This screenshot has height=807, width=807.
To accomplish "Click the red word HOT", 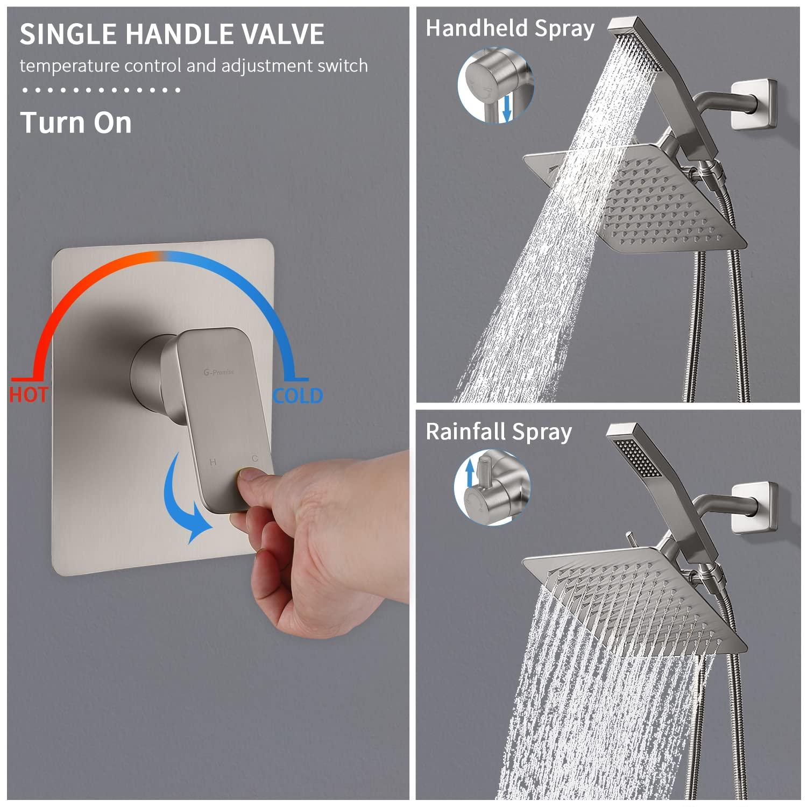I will tap(29, 395).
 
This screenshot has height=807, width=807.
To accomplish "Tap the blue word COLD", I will tap(298, 396).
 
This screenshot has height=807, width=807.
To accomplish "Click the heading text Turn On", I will tap(76, 123).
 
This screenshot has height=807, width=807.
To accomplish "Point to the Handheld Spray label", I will tap(509, 28).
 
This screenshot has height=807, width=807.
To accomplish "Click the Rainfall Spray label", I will tap(498, 431).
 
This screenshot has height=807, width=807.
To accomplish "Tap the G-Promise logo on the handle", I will tap(218, 372).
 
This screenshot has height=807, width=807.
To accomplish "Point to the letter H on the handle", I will tap(213, 462).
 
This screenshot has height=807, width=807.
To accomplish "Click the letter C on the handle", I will tap(254, 458).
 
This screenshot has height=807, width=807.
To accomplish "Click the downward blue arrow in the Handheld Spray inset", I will tap(506, 109).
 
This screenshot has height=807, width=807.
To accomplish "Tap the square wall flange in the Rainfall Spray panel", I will tap(754, 507).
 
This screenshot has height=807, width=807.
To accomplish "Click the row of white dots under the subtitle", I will tap(101, 90).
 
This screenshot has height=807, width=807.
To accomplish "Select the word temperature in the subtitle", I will tap(69, 66).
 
